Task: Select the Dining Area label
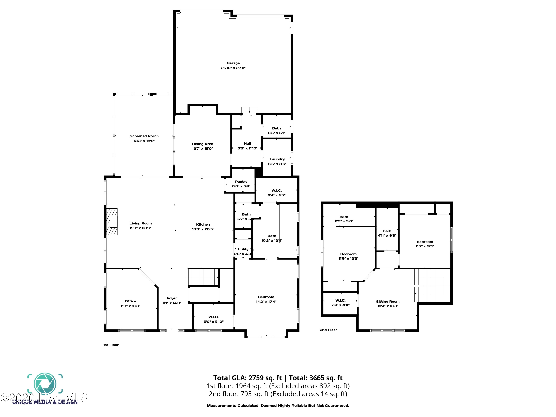point(202,144)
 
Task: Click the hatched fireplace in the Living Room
point(112,222)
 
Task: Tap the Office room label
point(130,301)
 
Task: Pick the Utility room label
point(243,249)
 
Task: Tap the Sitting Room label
point(388,302)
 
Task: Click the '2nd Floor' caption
point(328,330)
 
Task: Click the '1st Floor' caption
point(111,345)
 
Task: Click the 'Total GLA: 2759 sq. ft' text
point(247,378)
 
